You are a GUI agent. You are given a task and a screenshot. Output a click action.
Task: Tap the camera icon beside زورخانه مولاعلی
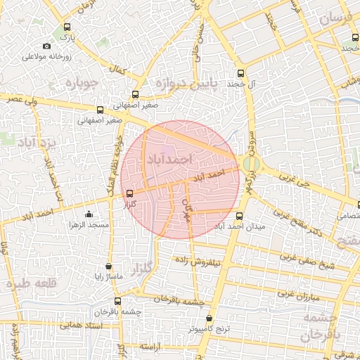pyautogui.click(x=47, y=46)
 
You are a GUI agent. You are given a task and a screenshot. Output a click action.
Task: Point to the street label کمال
pyautogui.click(x=118, y=71)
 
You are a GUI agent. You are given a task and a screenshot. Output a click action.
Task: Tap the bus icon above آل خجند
pyautogui.click(x=241, y=73)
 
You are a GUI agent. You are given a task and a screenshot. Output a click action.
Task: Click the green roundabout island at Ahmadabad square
pyautogui.click(x=251, y=163)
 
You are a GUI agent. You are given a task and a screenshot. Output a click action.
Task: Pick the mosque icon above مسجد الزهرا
pyautogui.click(x=88, y=214)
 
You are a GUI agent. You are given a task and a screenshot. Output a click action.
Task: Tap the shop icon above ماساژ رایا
pyautogui.click(x=108, y=266)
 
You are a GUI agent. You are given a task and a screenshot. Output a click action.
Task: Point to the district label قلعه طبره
pyautogui.click(x=30, y=284)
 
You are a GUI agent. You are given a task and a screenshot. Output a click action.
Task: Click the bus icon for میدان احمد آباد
pyautogui.click(x=240, y=216)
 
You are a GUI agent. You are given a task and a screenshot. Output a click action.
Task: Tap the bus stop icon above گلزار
pyautogui.click(x=129, y=195)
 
